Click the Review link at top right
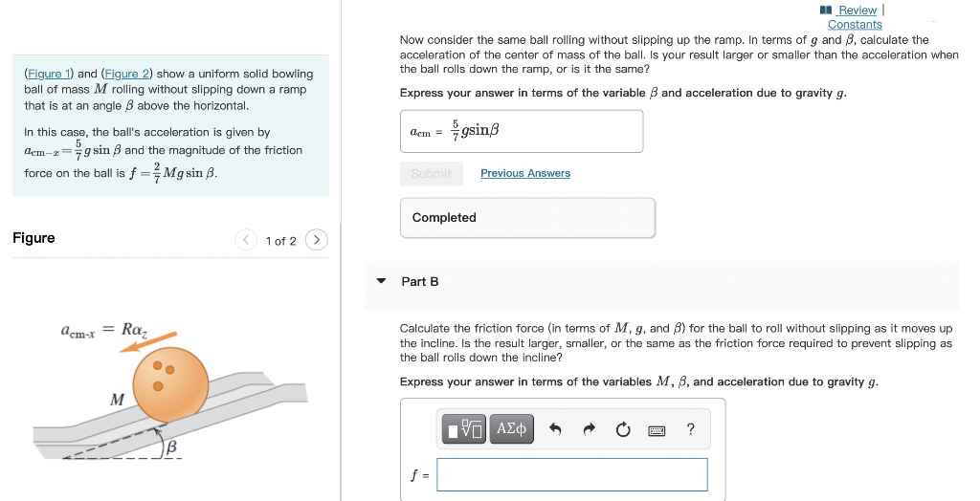point(857,11)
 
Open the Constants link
point(855,24)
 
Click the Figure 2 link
point(126,74)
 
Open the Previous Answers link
point(524,173)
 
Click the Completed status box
point(527,218)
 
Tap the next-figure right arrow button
point(317,240)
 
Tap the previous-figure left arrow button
point(246,240)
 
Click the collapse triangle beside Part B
point(381,281)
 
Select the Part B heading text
point(420,281)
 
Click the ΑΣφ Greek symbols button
point(513,429)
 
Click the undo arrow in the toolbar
point(555,429)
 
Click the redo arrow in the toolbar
point(590,429)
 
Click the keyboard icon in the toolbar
point(657,430)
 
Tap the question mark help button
point(691,429)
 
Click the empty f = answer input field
point(571,474)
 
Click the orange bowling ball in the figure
point(170,380)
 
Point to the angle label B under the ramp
point(172,447)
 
